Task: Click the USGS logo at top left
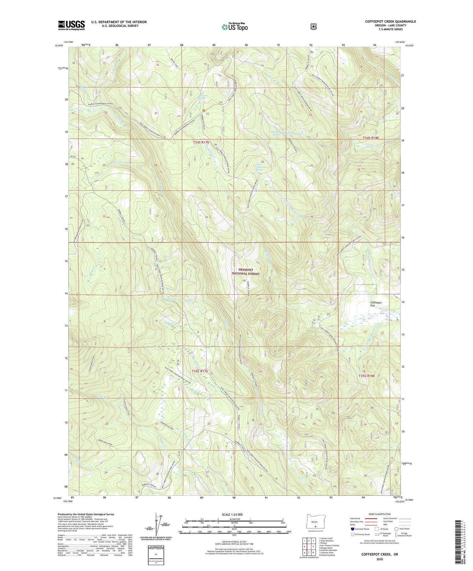pyautogui.click(x=71, y=25)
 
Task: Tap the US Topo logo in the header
pyautogui.click(x=235, y=27)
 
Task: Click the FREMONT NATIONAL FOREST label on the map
pyautogui.click(x=246, y=272)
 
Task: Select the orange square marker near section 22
pyautogui.click(x=204, y=111)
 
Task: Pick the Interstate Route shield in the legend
pyautogui.click(x=353, y=529)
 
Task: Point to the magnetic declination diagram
pyautogui.click(x=156, y=525)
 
